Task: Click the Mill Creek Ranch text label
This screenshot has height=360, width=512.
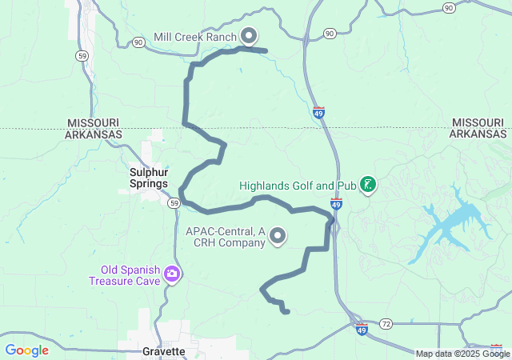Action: (194, 37)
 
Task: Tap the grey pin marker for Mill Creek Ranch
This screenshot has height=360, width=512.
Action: (249, 36)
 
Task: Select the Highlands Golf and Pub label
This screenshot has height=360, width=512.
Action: (297, 186)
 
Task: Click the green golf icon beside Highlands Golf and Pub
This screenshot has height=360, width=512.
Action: (368, 186)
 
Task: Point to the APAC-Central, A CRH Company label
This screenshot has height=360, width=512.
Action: (226, 237)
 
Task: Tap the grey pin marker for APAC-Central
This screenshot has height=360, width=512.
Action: (278, 235)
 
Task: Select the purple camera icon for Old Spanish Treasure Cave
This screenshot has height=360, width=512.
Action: (172, 275)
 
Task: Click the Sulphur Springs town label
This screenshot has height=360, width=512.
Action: (149, 178)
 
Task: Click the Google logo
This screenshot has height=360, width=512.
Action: (26, 350)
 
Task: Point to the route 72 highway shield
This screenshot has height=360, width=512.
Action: (386, 323)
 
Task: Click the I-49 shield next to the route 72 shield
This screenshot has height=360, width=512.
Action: (362, 329)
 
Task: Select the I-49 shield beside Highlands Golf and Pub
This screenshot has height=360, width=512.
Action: (336, 206)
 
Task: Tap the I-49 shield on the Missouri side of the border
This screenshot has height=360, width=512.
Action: (319, 113)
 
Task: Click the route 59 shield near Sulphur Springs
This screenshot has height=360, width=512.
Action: (173, 203)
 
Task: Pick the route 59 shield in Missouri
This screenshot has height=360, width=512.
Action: (82, 55)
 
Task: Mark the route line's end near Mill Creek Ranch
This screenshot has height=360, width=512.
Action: (264, 50)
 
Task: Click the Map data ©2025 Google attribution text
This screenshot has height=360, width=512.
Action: (462, 354)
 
